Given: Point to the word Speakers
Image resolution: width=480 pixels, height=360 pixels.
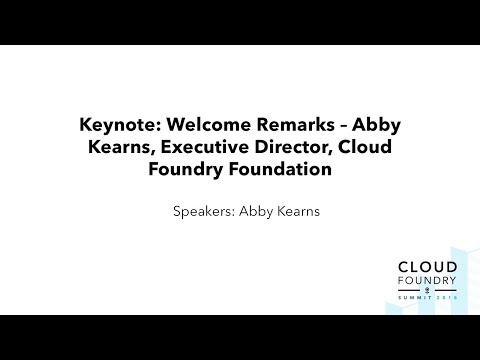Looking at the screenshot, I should [x=204, y=213].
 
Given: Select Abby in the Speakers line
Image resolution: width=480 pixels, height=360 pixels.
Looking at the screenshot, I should [x=256, y=213].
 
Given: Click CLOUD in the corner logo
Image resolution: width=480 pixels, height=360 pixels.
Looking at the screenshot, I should [x=427, y=267].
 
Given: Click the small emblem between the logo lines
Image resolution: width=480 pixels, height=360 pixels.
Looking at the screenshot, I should [x=427, y=291].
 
